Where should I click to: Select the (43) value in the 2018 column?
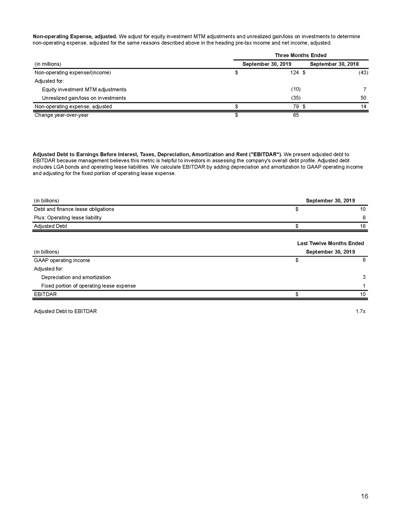(x=363, y=73)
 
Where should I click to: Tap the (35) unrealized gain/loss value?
(x=295, y=98)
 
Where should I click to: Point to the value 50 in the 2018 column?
(x=363, y=98)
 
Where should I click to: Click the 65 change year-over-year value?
(x=296, y=115)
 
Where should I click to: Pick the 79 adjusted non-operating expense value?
(x=296, y=107)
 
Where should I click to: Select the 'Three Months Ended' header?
(x=300, y=55)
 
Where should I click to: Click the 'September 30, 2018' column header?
(x=334, y=64)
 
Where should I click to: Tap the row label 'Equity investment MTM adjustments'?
(x=84, y=90)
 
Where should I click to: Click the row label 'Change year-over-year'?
(x=61, y=115)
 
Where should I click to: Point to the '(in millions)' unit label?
(x=48, y=64)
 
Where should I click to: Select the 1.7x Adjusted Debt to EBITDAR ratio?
(x=360, y=311)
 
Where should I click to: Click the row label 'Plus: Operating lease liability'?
(x=68, y=218)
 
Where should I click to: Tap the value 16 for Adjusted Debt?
(x=363, y=226)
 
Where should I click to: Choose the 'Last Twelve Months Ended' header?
(x=330, y=243)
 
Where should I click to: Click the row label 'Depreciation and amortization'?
(x=76, y=277)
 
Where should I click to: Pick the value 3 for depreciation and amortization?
(x=364, y=277)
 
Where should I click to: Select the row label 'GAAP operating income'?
(x=62, y=260)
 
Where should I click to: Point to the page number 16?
(x=364, y=496)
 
